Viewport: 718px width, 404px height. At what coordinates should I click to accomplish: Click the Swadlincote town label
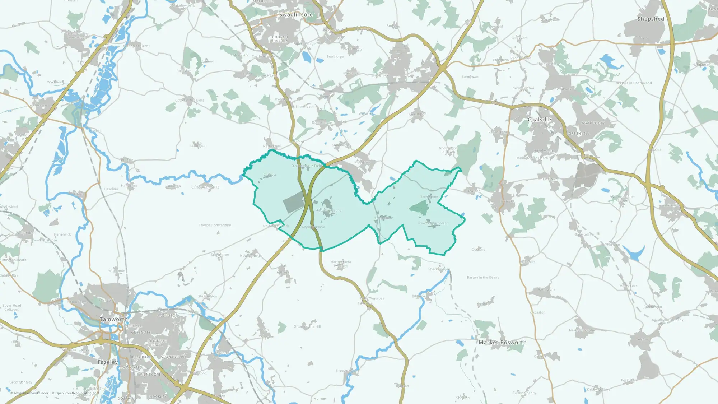[296, 15]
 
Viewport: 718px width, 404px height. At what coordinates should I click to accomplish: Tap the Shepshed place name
[651, 19]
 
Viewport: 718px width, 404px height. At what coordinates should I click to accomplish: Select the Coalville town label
[539, 120]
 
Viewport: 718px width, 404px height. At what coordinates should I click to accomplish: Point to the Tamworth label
[114, 319]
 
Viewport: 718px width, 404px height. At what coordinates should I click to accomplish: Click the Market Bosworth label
[502, 343]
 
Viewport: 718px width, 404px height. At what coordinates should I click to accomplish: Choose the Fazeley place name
[108, 362]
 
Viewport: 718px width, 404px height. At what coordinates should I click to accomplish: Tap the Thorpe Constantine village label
[215, 225]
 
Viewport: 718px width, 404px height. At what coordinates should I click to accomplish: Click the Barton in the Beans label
[483, 278]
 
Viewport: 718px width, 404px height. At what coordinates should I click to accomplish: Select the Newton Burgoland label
[433, 223]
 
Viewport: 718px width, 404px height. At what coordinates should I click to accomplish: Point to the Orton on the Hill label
[307, 326]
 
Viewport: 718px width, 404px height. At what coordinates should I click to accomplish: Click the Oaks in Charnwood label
[636, 83]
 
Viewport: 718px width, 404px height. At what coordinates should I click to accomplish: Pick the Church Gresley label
[280, 39]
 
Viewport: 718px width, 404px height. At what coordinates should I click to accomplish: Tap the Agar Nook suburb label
[593, 123]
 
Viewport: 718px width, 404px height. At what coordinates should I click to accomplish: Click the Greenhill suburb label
[579, 134]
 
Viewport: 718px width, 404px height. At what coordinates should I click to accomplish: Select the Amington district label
[168, 316]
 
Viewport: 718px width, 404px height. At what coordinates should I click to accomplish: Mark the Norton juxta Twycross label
[341, 264]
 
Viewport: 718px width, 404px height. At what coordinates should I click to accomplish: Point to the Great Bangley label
[21, 382]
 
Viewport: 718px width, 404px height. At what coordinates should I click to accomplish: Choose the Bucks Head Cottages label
[11, 307]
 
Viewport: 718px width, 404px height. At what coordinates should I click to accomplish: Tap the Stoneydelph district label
[173, 357]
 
